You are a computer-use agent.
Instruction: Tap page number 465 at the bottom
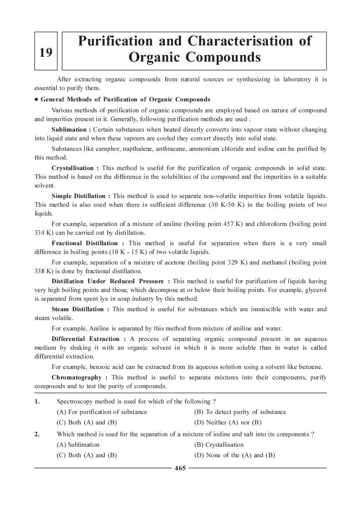click(180, 468)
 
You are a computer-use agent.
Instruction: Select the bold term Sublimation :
click(71, 130)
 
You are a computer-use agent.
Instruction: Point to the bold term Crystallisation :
click(75, 168)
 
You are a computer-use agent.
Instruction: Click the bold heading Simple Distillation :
click(80, 196)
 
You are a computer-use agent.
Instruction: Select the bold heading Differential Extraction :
click(89, 339)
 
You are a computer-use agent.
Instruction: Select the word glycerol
click(315, 290)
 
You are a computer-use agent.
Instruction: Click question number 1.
click(38, 401)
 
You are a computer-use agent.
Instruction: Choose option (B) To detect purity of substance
click(240, 412)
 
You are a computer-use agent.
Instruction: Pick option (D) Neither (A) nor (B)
click(227, 422)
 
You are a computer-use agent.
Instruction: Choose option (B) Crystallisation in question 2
click(219, 445)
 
